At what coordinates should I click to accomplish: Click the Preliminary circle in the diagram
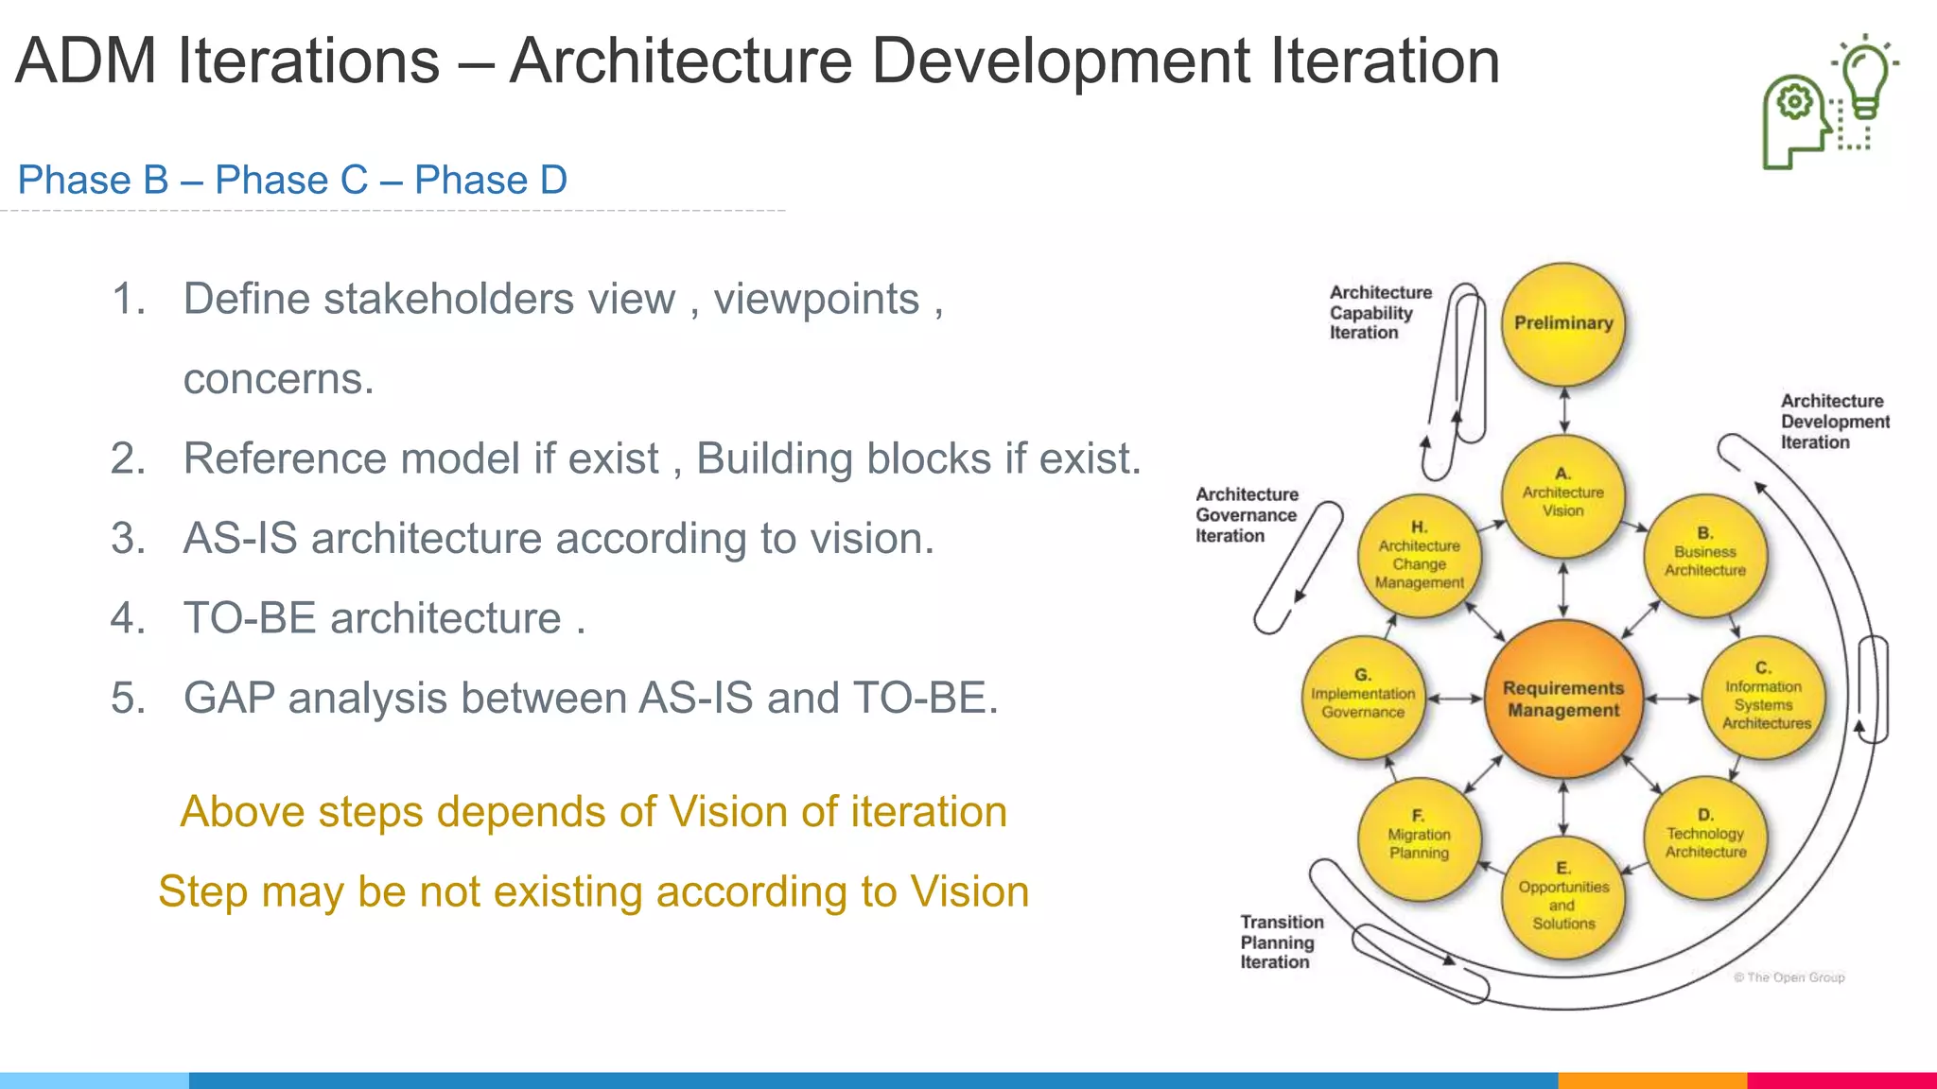point(1563,323)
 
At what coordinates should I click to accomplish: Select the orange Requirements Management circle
point(1563,700)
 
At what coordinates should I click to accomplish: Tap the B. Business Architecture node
point(1705,556)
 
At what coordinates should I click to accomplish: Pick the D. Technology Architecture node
point(1705,838)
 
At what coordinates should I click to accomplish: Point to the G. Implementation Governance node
point(1363,699)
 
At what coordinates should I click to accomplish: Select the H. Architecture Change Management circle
point(1419,557)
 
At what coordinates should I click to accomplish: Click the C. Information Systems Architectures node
point(1764,700)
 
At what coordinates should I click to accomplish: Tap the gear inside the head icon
point(1794,101)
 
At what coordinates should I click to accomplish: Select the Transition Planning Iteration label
point(1281,942)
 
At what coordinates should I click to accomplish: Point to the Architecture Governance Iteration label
point(1246,515)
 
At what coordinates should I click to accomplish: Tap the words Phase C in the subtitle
point(291,180)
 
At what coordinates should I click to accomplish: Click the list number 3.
point(128,539)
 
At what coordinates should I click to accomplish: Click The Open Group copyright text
point(1789,977)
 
